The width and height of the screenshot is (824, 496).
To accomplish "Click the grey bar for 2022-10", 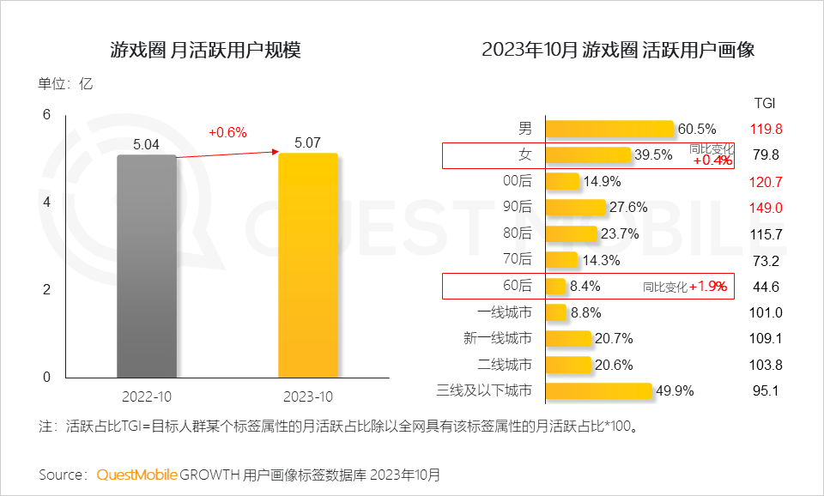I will pos(147,266).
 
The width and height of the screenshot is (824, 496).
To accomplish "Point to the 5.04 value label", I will pos(147,145).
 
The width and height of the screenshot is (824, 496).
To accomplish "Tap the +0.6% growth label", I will pos(227,132).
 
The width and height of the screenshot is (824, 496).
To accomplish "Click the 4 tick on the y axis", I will pos(46,203).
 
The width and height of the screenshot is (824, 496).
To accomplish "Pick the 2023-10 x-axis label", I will pos(307,397).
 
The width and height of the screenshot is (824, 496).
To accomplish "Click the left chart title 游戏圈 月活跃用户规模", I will pos(205,50).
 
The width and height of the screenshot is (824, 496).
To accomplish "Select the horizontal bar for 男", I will pos(609,130).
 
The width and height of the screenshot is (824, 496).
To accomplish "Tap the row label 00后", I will pos(518,181).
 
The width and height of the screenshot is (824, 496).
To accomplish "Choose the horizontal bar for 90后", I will pos(574,208).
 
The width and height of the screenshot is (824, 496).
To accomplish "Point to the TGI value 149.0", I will pos(765,208).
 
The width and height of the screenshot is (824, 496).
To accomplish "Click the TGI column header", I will pos(764,103).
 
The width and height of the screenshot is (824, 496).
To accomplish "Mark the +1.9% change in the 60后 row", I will pos(709,287).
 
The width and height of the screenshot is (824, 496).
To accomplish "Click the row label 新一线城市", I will pos(497,339).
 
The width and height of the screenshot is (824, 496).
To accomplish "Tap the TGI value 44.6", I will pos(765,287).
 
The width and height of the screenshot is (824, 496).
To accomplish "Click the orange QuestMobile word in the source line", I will pos(136,474).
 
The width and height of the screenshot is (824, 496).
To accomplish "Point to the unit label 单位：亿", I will pos(64,84).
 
